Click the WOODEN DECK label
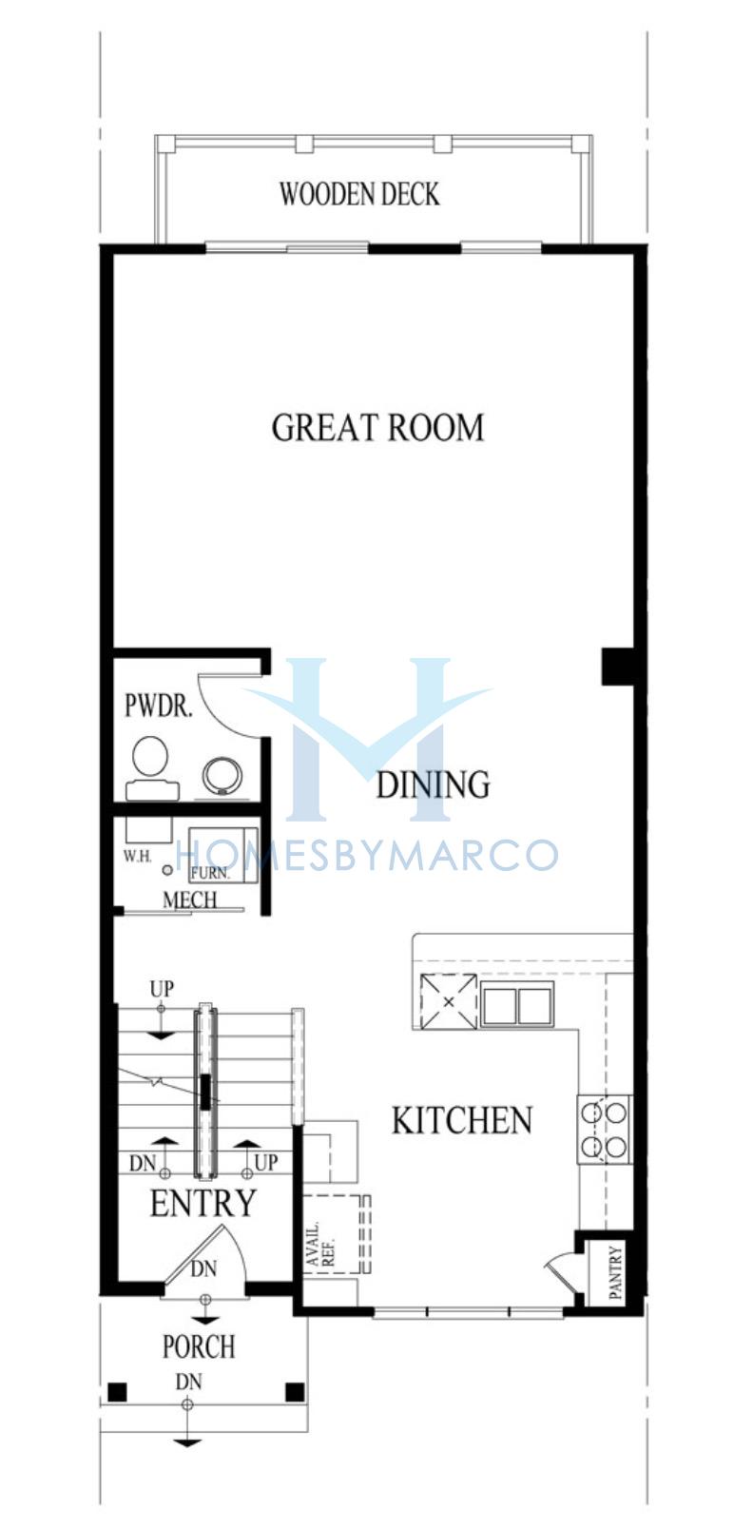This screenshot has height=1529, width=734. pyautogui.click(x=359, y=195)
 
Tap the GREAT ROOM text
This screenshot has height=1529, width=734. pyautogui.click(x=377, y=428)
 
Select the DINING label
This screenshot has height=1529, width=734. pyautogui.click(x=433, y=785)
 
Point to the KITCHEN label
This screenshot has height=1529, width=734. pyautogui.click(x=461, y=1121)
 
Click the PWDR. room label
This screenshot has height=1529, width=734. pyautogui.click(x=159, y=706)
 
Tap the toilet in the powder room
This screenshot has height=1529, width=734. pyautogui.click(x=151, y=768)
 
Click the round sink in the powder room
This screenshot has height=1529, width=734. pyautogui.click(x=222, y=775)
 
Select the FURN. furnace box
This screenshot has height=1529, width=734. pyautogui.click(x=223, y=855)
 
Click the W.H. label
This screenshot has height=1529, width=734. pyautogui.click(x=137, y=856)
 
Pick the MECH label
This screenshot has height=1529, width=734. pyautogui.click(x=190, y=900)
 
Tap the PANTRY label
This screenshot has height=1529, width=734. pyautogui.click(x=615, y=1271)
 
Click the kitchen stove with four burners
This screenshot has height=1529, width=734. pyautogui.click(x=605, y=1129)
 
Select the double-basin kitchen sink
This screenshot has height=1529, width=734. pyautogui.click(x=517, y=1003)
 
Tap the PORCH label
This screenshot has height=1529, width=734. pyautogui.click(x=199, y=1346)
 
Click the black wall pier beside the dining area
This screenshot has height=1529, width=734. pyautogui.click(x=618, y=667)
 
